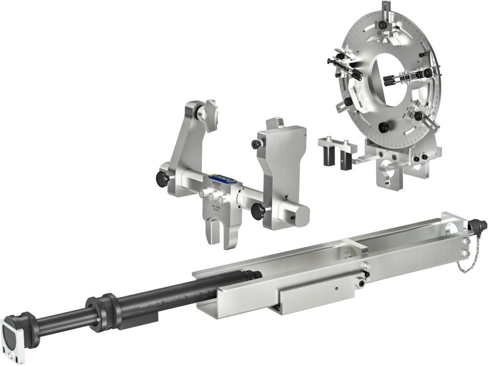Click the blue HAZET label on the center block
pyautogui.click(x=222, y=181)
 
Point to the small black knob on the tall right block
pyautogui.click(x=255, y=144)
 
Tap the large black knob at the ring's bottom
pyautogui.click(x=385, y=127)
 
